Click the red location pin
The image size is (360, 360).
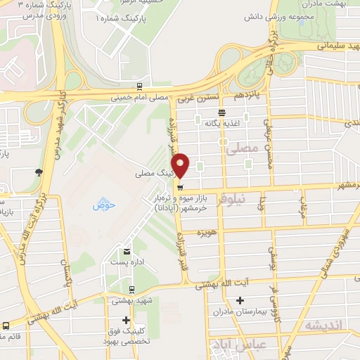[181, 165]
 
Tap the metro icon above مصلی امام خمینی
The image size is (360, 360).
[140, 87]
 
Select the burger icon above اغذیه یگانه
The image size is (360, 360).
[222, 112]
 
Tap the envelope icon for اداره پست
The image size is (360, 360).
[127, 252]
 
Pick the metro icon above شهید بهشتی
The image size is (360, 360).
[131, 289]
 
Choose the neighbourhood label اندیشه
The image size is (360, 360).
[323, 326]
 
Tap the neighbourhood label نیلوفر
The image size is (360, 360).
[233, 199]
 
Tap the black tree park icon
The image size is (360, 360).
[38, 172]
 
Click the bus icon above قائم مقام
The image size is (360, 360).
[6, 326]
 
